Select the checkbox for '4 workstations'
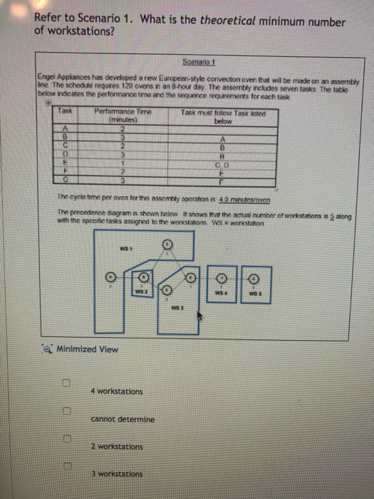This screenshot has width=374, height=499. point(65,384)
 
